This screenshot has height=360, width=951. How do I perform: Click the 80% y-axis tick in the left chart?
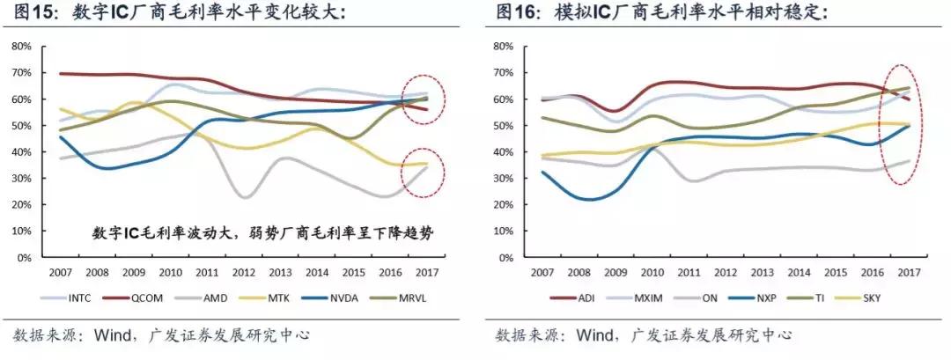22,47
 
